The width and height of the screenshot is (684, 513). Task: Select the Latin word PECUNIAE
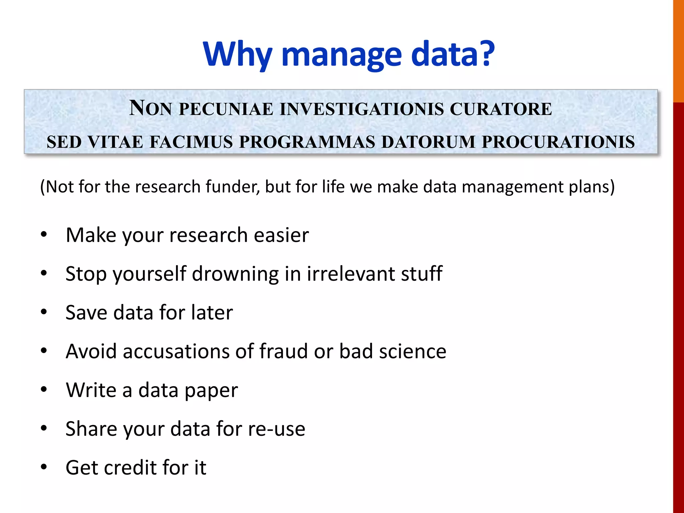click(x=226, y=109)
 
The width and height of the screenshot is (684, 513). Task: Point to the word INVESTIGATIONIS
click(x=362, y=109)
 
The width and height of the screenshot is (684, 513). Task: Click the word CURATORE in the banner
click(x=501, y=109)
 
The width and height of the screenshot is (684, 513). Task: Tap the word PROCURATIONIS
click(x=558, y=142)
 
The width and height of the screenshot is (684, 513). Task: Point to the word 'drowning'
click(x=235, y=274)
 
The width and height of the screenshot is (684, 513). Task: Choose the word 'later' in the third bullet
click(x=212, y=313)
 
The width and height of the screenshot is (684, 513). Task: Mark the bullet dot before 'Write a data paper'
click(x=44, y=390)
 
